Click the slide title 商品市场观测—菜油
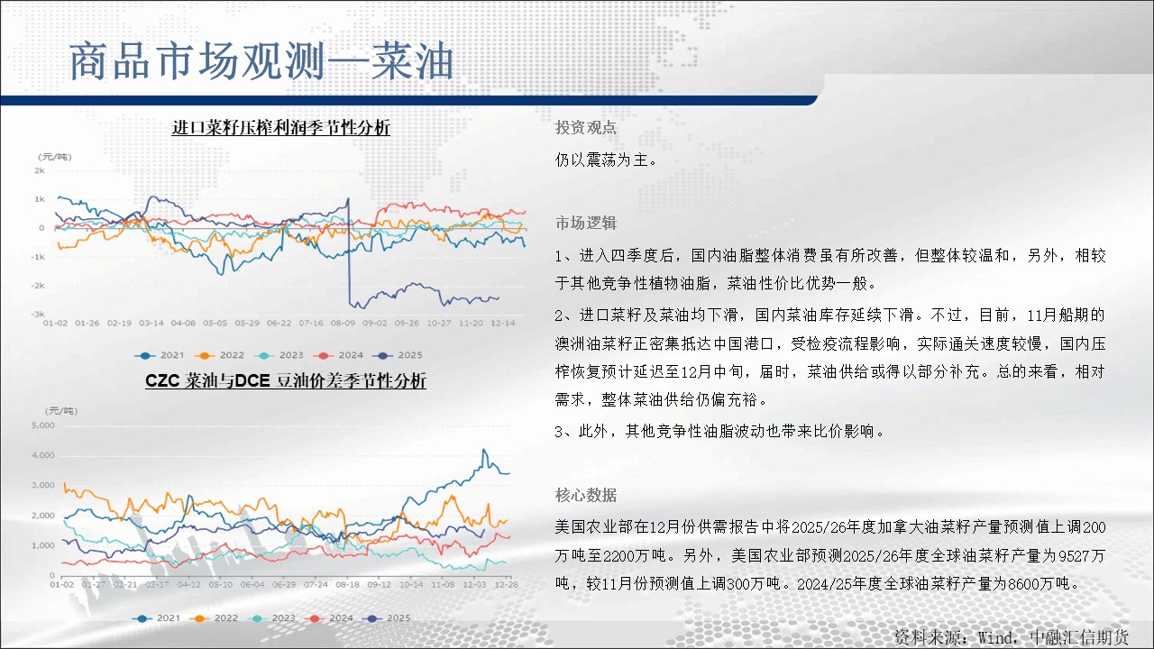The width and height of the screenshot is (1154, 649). click(261, 61)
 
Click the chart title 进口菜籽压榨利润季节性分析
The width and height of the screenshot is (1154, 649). click(280, 127)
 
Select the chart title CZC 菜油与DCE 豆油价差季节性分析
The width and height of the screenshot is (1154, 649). click(286, 380)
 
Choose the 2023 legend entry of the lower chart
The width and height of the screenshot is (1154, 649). click(271, 618)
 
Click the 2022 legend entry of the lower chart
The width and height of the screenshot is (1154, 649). click(214, 618)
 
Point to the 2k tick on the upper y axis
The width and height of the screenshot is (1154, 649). click(40, 170)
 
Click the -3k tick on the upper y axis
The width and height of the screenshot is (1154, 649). click(38, 314)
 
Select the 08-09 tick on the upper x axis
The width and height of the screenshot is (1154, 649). click(343, 323)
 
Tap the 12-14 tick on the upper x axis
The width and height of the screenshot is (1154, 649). click(502, 323)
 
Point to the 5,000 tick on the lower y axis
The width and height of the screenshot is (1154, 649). click(42, 425)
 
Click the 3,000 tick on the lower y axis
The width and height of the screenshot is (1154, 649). click(42, 485)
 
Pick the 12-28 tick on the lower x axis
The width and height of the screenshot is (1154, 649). click(507, 585)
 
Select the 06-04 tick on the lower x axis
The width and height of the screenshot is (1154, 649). click(252, 585)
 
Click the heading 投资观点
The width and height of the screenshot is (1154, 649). click(586, 127)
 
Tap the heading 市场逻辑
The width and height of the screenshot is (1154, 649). click(586, 223)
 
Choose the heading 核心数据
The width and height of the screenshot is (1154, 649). click(586, 495)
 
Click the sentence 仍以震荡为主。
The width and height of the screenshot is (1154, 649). click(607, 160)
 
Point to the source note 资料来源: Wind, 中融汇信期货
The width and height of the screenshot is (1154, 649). click(1012, 637)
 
